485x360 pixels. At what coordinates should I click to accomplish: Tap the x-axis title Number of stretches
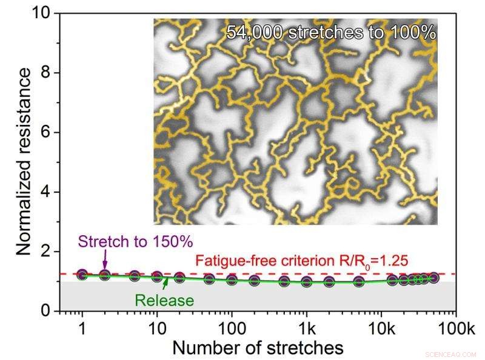(258, 348)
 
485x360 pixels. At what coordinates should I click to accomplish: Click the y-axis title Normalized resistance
(23, 161)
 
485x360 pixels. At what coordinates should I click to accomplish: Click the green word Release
(164, 300)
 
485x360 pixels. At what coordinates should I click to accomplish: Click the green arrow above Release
(166, 285)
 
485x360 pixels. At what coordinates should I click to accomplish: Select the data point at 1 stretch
(82, 275)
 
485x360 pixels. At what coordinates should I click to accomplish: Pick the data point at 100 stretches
(232, 279)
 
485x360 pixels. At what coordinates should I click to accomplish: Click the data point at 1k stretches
(307, 282)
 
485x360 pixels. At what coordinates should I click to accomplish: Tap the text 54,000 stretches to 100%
(331, 32)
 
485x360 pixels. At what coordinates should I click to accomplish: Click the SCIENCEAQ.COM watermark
(451, 354)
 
